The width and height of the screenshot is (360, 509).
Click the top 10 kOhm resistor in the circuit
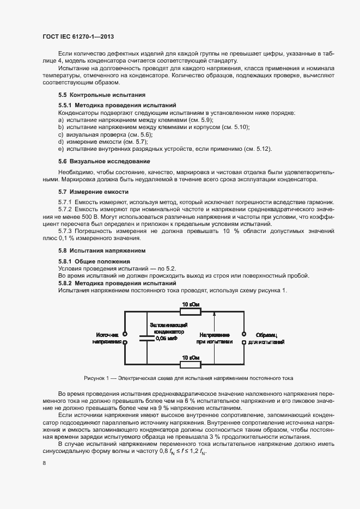coord(190,311)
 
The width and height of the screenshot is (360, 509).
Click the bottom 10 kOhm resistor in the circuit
coord(190,363)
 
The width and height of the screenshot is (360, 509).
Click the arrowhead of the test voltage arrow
coord(215,314)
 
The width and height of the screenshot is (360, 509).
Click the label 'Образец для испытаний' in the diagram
coord(266,338)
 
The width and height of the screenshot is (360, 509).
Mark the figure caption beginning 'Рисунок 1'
coord(188,377)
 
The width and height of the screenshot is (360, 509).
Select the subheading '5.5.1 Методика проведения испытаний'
coord(117,105)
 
